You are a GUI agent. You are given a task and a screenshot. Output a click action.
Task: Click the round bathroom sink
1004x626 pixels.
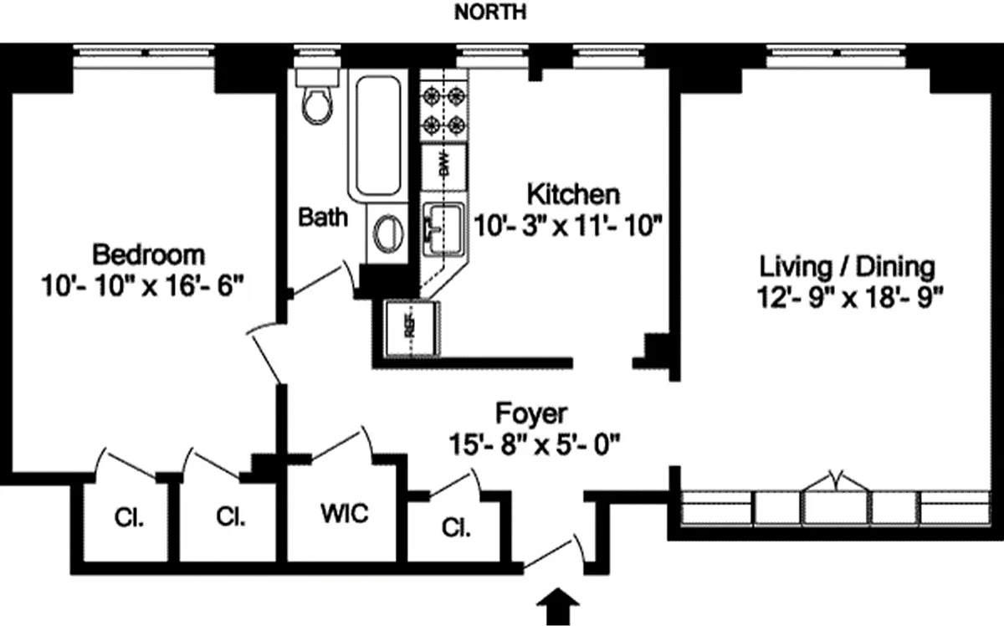tap(387, 232)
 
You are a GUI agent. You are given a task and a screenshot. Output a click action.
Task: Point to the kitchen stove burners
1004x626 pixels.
tap(443, 110)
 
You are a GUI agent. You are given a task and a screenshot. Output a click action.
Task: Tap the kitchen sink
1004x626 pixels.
tap(443, 227)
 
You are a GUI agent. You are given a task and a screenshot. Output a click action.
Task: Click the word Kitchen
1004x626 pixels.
tap(573, 194)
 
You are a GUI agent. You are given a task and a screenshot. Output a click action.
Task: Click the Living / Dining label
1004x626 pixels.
tap(846, 268)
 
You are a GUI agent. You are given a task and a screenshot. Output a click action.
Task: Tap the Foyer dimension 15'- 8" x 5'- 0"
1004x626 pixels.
tap(532, 443)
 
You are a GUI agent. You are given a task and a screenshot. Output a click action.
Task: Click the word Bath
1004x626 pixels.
tap(324, 218)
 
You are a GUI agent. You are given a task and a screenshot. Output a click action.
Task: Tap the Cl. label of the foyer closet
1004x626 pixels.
tap(456, 529)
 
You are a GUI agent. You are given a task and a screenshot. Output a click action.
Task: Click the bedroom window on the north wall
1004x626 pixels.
tap(147, 54)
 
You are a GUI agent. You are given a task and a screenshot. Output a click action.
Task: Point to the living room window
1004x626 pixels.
tap(837, 54)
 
